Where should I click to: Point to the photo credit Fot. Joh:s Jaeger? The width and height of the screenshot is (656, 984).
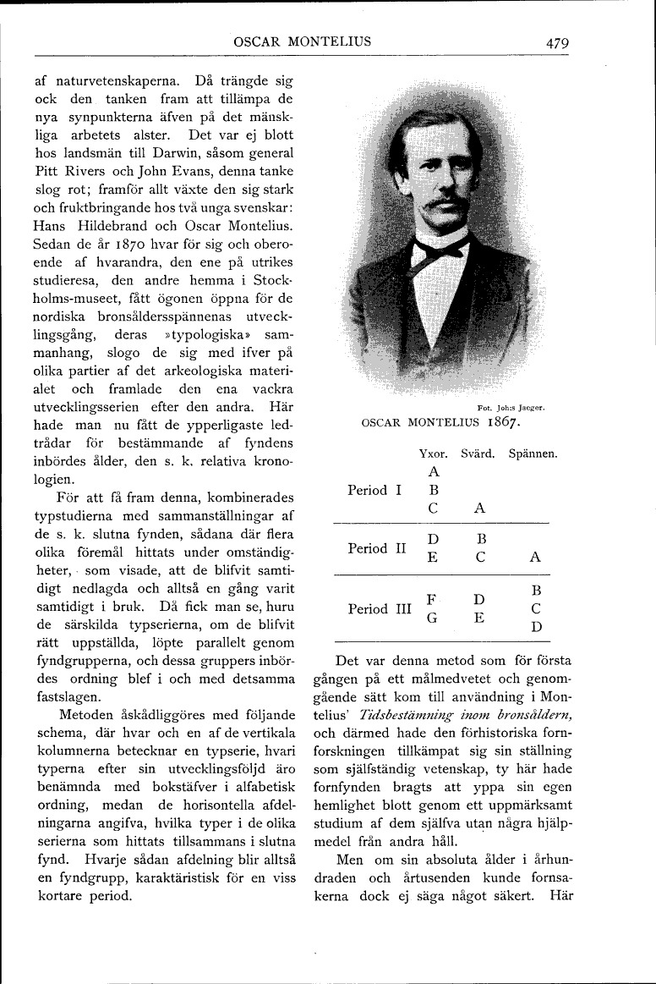511,406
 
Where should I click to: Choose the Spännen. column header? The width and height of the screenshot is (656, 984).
533,454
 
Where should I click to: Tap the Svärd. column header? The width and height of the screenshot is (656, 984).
478,454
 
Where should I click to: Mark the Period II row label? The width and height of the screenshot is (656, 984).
378,548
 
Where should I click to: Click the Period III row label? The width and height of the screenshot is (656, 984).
380,609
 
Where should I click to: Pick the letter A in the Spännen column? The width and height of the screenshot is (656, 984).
534,558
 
